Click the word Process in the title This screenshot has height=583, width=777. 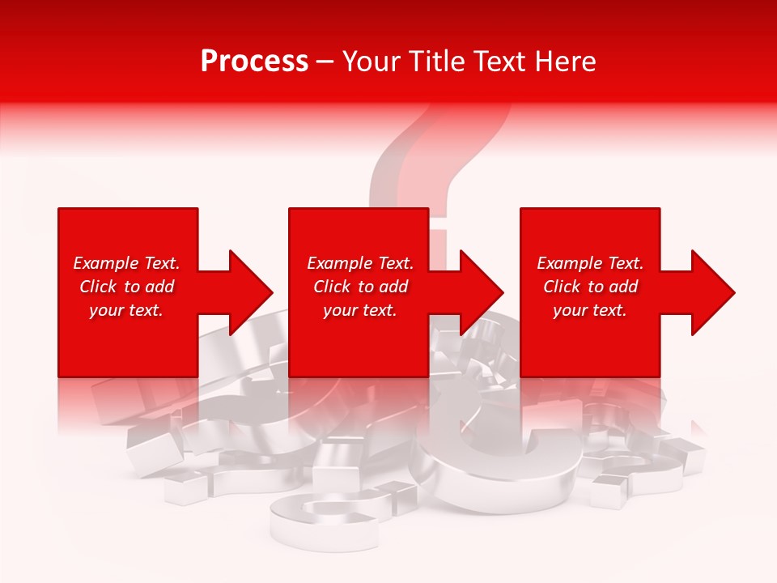pyautogui.click(x=254, y=62)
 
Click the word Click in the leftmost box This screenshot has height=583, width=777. pyautogui.click(x=99, y=287)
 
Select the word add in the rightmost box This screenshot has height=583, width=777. pyautogui.click(x=622, y=287)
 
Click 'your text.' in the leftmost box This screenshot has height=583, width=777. pyautogui.click(x=126, y=310)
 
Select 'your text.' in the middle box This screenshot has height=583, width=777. pyautogui.click(x=360, y=310)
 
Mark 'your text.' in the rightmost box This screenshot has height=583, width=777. pyautogui.click(x=590, y=310)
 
